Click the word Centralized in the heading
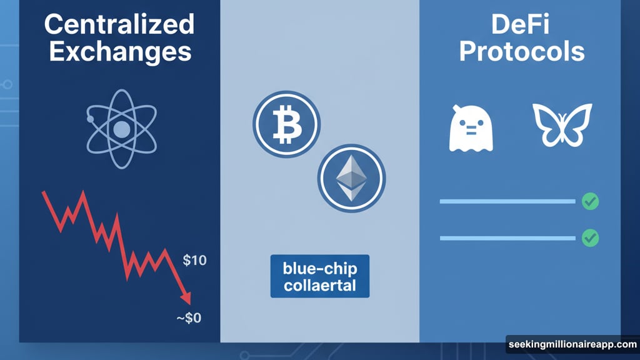119,24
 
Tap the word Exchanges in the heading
120,52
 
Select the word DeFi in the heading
520,24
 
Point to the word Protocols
522,51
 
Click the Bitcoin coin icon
286,124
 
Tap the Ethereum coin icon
351,178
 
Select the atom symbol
122,129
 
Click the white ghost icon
471,129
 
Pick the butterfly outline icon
562,125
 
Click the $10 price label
195,261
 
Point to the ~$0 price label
189,317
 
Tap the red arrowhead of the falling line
186,298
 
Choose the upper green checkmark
590,201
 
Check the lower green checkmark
590,238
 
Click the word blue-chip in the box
320,268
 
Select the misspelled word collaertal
320,285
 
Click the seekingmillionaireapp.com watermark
572,344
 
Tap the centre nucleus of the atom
122,129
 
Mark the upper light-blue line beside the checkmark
507,201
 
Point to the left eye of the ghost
464,123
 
